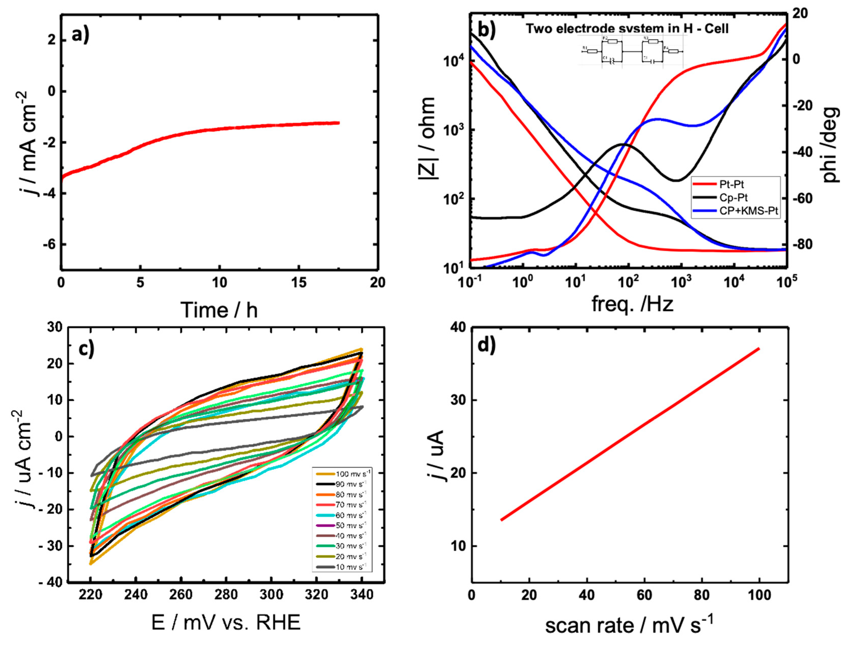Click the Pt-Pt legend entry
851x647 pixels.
(731, 185)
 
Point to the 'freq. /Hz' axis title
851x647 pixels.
(632, 304)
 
